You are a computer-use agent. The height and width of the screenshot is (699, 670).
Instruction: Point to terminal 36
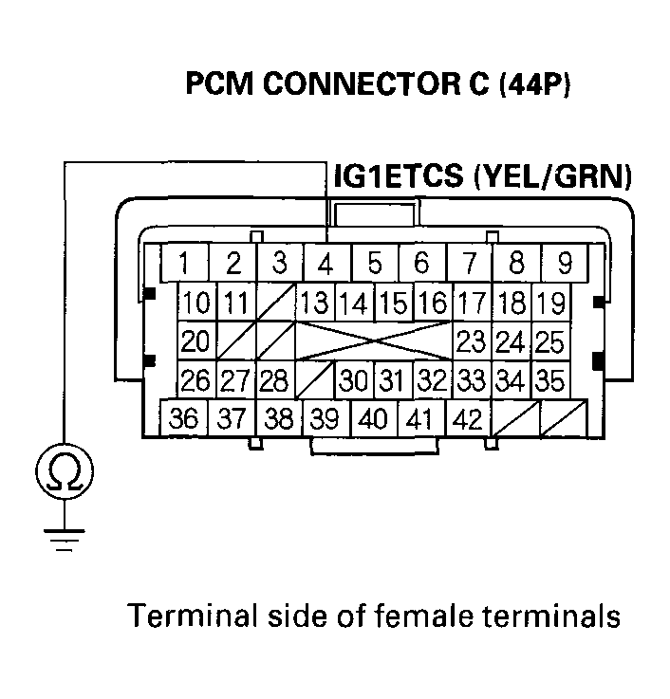point(185,418)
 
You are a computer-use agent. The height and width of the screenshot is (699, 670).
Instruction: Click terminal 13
point(314,304)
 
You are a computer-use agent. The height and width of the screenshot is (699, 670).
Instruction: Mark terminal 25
point(549,340)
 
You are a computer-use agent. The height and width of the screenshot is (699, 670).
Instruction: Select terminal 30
point(353,380)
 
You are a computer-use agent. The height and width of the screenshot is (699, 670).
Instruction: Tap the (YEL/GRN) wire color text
point(550,177)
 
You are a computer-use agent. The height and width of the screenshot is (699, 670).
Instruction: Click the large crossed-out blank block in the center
point(374,340)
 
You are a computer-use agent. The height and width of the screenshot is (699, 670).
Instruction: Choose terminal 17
point(470,304)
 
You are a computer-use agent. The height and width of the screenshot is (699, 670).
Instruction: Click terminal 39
point(326,418)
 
